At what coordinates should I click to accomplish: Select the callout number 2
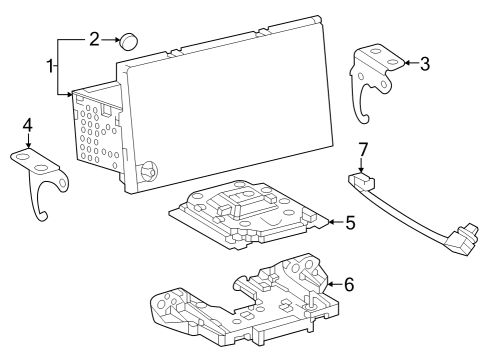click(94, 40)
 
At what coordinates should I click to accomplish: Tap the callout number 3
click(425, 64)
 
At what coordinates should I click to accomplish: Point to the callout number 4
click(28, 126)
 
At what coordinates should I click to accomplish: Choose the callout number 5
click(349, 221)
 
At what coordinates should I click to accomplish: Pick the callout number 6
click(349, 284)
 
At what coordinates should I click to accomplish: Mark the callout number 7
click(364, 150)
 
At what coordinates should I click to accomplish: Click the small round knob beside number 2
click(129, 42)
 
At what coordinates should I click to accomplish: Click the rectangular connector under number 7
click(361, 182)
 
